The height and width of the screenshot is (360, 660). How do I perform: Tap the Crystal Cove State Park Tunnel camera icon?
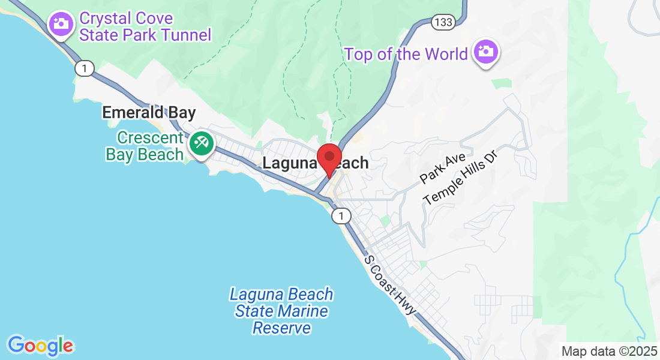[x=60, y=24]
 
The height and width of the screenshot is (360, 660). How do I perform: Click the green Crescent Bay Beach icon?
[x=200, y=144]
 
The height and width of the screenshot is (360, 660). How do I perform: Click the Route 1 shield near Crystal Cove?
[x=85, y=69]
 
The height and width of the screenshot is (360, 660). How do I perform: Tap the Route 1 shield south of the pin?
[x=341, y=216]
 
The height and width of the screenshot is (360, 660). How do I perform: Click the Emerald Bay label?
[x=149, y=112]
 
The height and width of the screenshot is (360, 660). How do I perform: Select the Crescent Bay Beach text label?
[x=145, y=146]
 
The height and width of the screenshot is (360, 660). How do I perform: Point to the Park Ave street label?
[x=443, y=167]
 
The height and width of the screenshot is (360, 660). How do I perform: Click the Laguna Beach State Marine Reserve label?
[x=281, y=311]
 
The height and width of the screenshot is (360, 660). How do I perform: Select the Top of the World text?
[x=406, y=54]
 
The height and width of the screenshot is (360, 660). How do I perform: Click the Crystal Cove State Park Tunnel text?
[x=145, y=27]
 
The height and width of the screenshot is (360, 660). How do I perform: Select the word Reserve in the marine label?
[x=281, y=328]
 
